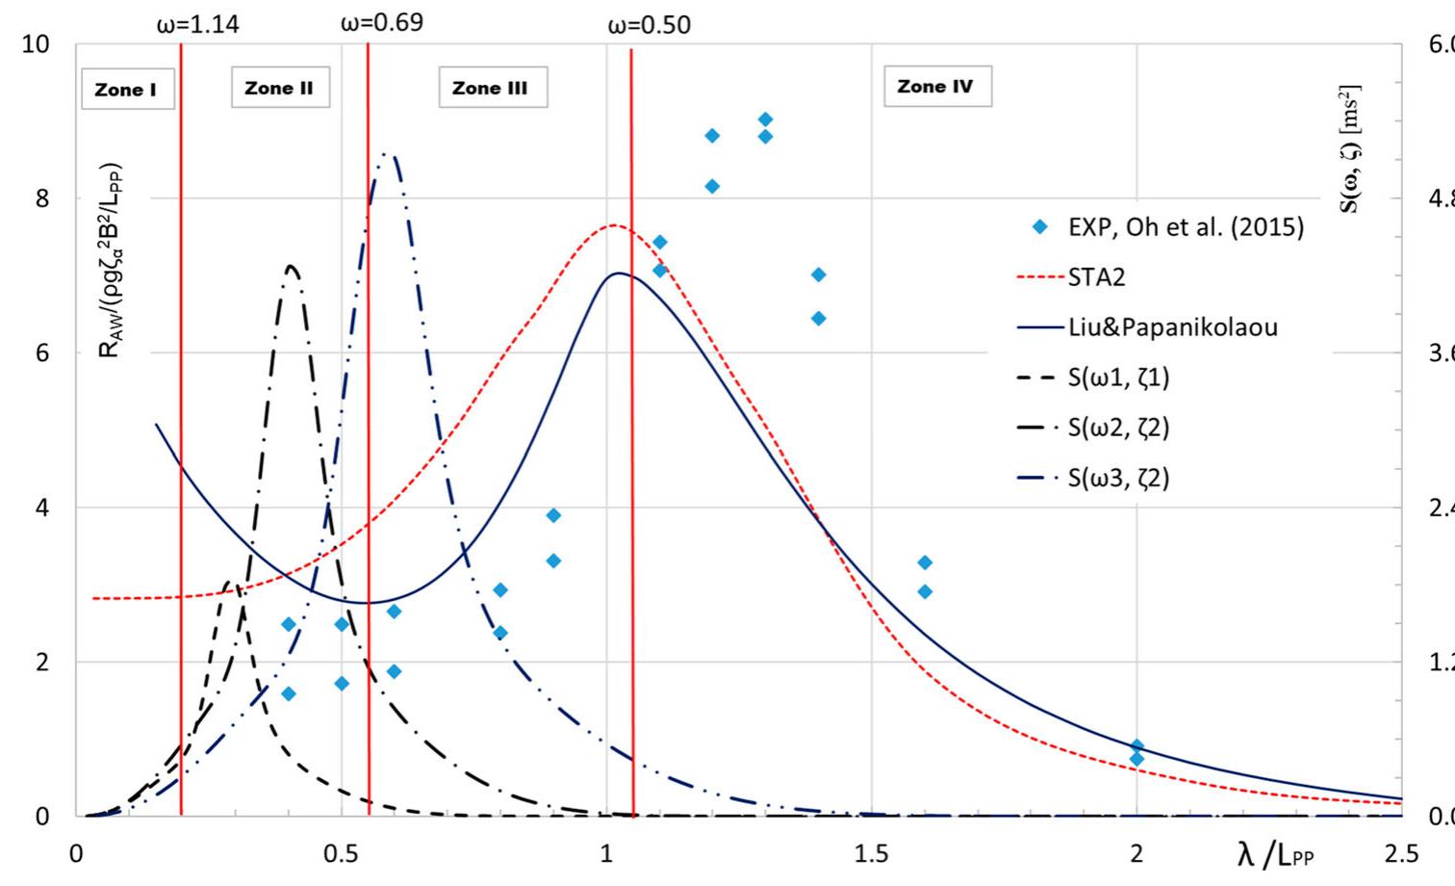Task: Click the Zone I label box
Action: point(126,90)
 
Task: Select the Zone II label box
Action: point(279,88)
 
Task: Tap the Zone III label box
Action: point(491,88)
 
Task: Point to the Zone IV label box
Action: point(935,86)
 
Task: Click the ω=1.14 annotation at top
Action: point(197,24)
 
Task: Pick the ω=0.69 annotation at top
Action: point(381,22)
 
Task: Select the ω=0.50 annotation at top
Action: point(649,25)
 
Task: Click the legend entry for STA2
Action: point(1096,277)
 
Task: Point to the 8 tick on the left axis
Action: point(41,198)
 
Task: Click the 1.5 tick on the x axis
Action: point(870,853)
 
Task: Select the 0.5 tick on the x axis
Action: point(340,853)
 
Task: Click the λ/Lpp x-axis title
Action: point(1275,853)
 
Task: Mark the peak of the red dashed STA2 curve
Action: point(613,225)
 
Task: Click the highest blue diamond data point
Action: point(765,119)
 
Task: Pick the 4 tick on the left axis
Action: point(41,508)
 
